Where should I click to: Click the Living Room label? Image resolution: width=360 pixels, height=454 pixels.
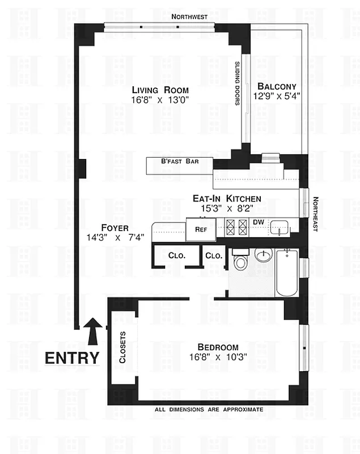coord(160,90)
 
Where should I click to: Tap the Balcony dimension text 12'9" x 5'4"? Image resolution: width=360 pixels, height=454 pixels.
coord(277,96)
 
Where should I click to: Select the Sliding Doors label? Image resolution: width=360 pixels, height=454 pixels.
coord(238,83)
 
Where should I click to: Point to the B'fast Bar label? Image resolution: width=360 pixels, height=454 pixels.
coord(179,161)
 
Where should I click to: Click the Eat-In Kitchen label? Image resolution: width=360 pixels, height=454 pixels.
coord(227,199)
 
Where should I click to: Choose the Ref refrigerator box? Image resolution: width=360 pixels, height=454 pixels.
coord(200,229)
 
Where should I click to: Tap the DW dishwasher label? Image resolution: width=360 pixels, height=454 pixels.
coord(258,222)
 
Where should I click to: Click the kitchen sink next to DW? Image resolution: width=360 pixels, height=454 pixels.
coord(279,228)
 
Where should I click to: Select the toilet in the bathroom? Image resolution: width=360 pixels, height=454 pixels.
coord(240,260)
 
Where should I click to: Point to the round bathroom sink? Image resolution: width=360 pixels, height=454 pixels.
coord(262,256)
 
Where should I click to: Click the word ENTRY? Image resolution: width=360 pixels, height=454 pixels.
coord(72,358)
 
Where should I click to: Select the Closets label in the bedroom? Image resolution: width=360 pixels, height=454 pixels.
coord(122,347)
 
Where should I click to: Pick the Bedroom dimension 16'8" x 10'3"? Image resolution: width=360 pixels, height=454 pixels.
coord(218,358)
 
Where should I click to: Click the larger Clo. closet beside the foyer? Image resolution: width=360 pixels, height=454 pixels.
coord(176,255)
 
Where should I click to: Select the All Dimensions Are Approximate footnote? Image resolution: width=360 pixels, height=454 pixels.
coord(209,409)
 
